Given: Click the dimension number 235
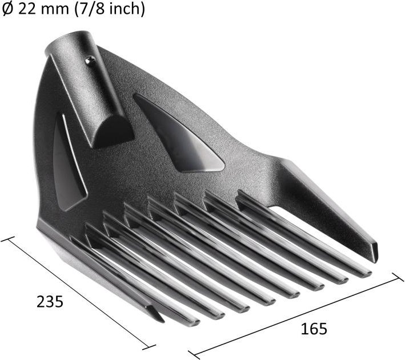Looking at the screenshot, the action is [50, 302].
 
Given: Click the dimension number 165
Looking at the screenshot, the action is [314, 329].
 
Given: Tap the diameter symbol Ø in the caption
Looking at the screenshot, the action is [7, 9].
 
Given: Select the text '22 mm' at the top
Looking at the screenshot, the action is [43, 9].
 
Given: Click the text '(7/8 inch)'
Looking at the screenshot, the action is [110, 9].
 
